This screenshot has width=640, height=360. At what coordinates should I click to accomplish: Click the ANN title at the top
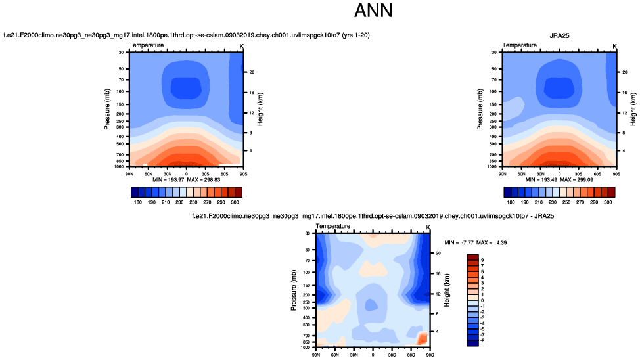[x=373, y=11]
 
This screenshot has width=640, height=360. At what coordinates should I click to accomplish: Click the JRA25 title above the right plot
[x=559, y=35]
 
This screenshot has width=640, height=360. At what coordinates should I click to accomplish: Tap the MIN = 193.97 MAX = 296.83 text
[x=186, y=179]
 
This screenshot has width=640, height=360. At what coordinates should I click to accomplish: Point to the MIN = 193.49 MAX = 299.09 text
[x=559, y=179]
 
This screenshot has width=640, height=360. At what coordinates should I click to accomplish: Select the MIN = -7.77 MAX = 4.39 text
[x=469, y=242]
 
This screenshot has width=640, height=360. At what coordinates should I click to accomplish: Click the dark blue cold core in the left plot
[x=186, y=87]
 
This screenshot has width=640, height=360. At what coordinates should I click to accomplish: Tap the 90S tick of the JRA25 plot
[x=616, y=174]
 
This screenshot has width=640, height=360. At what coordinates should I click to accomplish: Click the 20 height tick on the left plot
[x=251, y=72]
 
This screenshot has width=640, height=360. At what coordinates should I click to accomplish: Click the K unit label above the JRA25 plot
[x=614, y=46]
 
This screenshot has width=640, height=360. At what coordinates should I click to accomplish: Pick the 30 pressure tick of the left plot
[x=122, y=52]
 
